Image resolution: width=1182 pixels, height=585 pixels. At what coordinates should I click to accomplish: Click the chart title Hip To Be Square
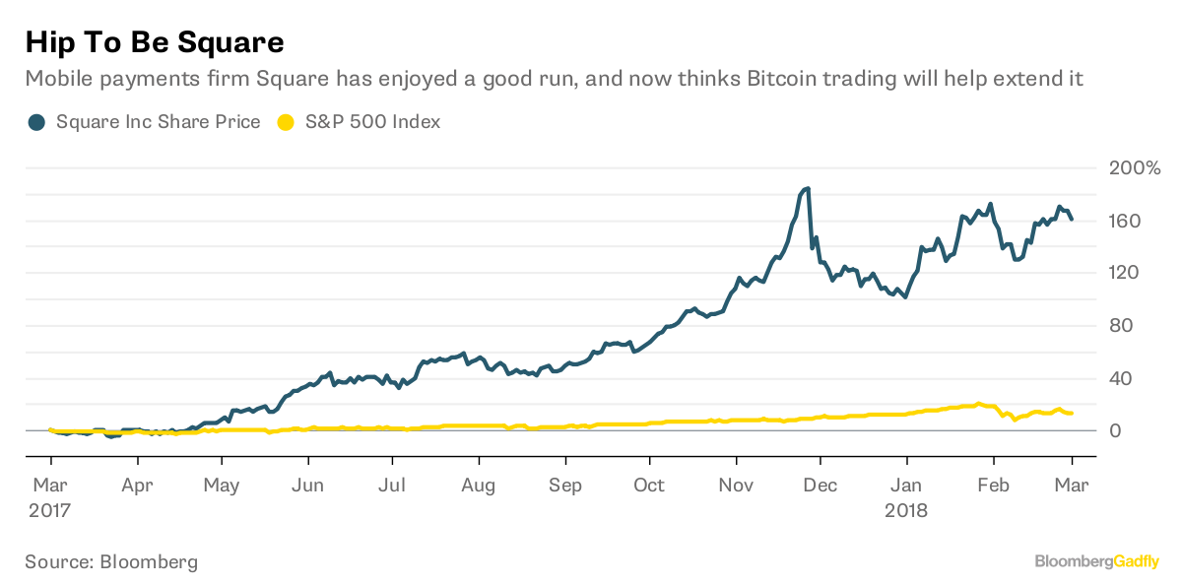tap(155, 42)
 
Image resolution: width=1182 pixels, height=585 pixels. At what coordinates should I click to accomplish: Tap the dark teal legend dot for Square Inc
tap(36, 122)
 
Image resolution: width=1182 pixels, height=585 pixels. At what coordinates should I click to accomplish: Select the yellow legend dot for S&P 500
tap(286, 122)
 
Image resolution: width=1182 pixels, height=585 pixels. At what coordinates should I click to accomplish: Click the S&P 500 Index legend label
tap(372, 122)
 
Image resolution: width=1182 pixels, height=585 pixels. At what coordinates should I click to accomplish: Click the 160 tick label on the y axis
tap(1125, 221)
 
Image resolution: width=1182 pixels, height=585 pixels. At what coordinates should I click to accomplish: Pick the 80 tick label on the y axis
tap(1120, 326)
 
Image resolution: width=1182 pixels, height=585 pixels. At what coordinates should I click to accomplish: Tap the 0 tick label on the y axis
tap(1115, 431)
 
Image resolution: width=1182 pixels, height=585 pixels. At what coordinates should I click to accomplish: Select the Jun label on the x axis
tap(308, 486)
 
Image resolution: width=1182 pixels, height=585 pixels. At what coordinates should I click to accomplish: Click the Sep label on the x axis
tap(565, 486)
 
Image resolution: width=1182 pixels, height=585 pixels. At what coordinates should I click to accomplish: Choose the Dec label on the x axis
tap(821, 486)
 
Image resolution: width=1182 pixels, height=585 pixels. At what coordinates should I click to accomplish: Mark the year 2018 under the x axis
tap(906, 511)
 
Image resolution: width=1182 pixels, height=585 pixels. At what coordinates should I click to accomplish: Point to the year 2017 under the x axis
tap(50, 511)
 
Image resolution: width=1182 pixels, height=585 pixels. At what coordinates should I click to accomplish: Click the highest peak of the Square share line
tap(807, 188)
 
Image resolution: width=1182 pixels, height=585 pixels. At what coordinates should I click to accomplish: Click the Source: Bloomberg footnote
tap(111, 562)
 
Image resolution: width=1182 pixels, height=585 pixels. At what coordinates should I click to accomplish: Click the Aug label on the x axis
tap(479, 486)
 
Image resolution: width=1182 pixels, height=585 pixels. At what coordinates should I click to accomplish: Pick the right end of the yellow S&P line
tap(1071, 413)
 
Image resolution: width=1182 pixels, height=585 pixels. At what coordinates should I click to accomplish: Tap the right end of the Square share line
tap(1071, 219)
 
